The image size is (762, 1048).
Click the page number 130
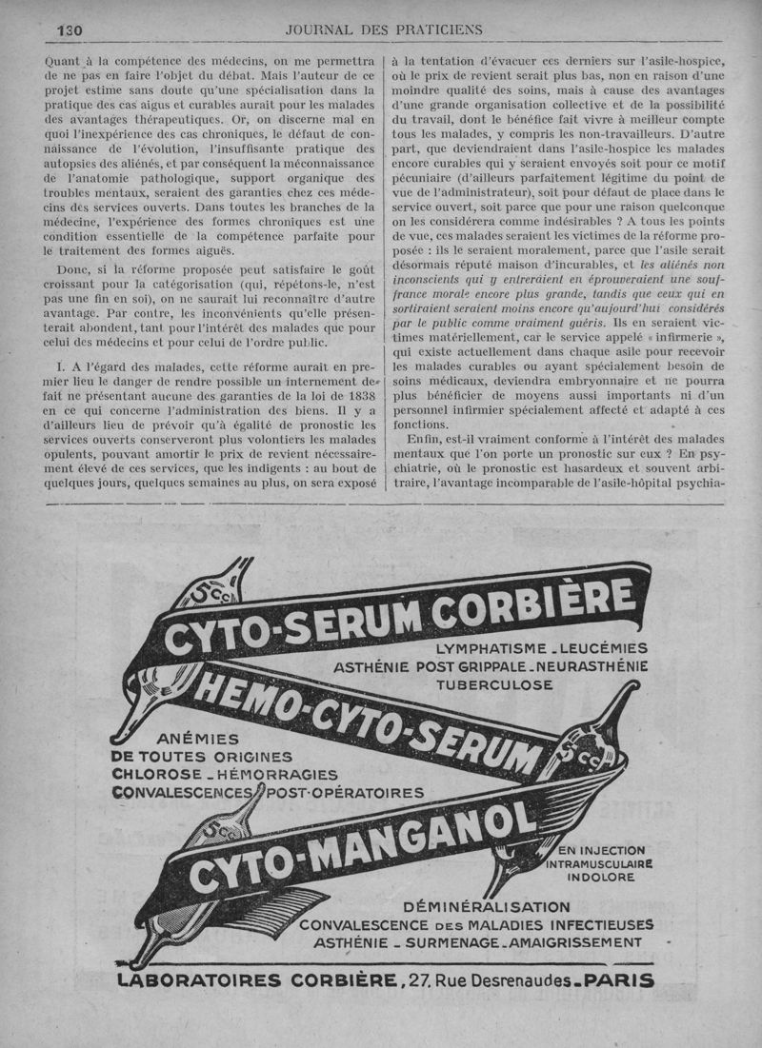(x=70, y=30)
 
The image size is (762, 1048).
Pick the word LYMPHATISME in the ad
(x=474, y=648)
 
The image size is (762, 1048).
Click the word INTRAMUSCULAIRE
(x=599, y=864)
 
